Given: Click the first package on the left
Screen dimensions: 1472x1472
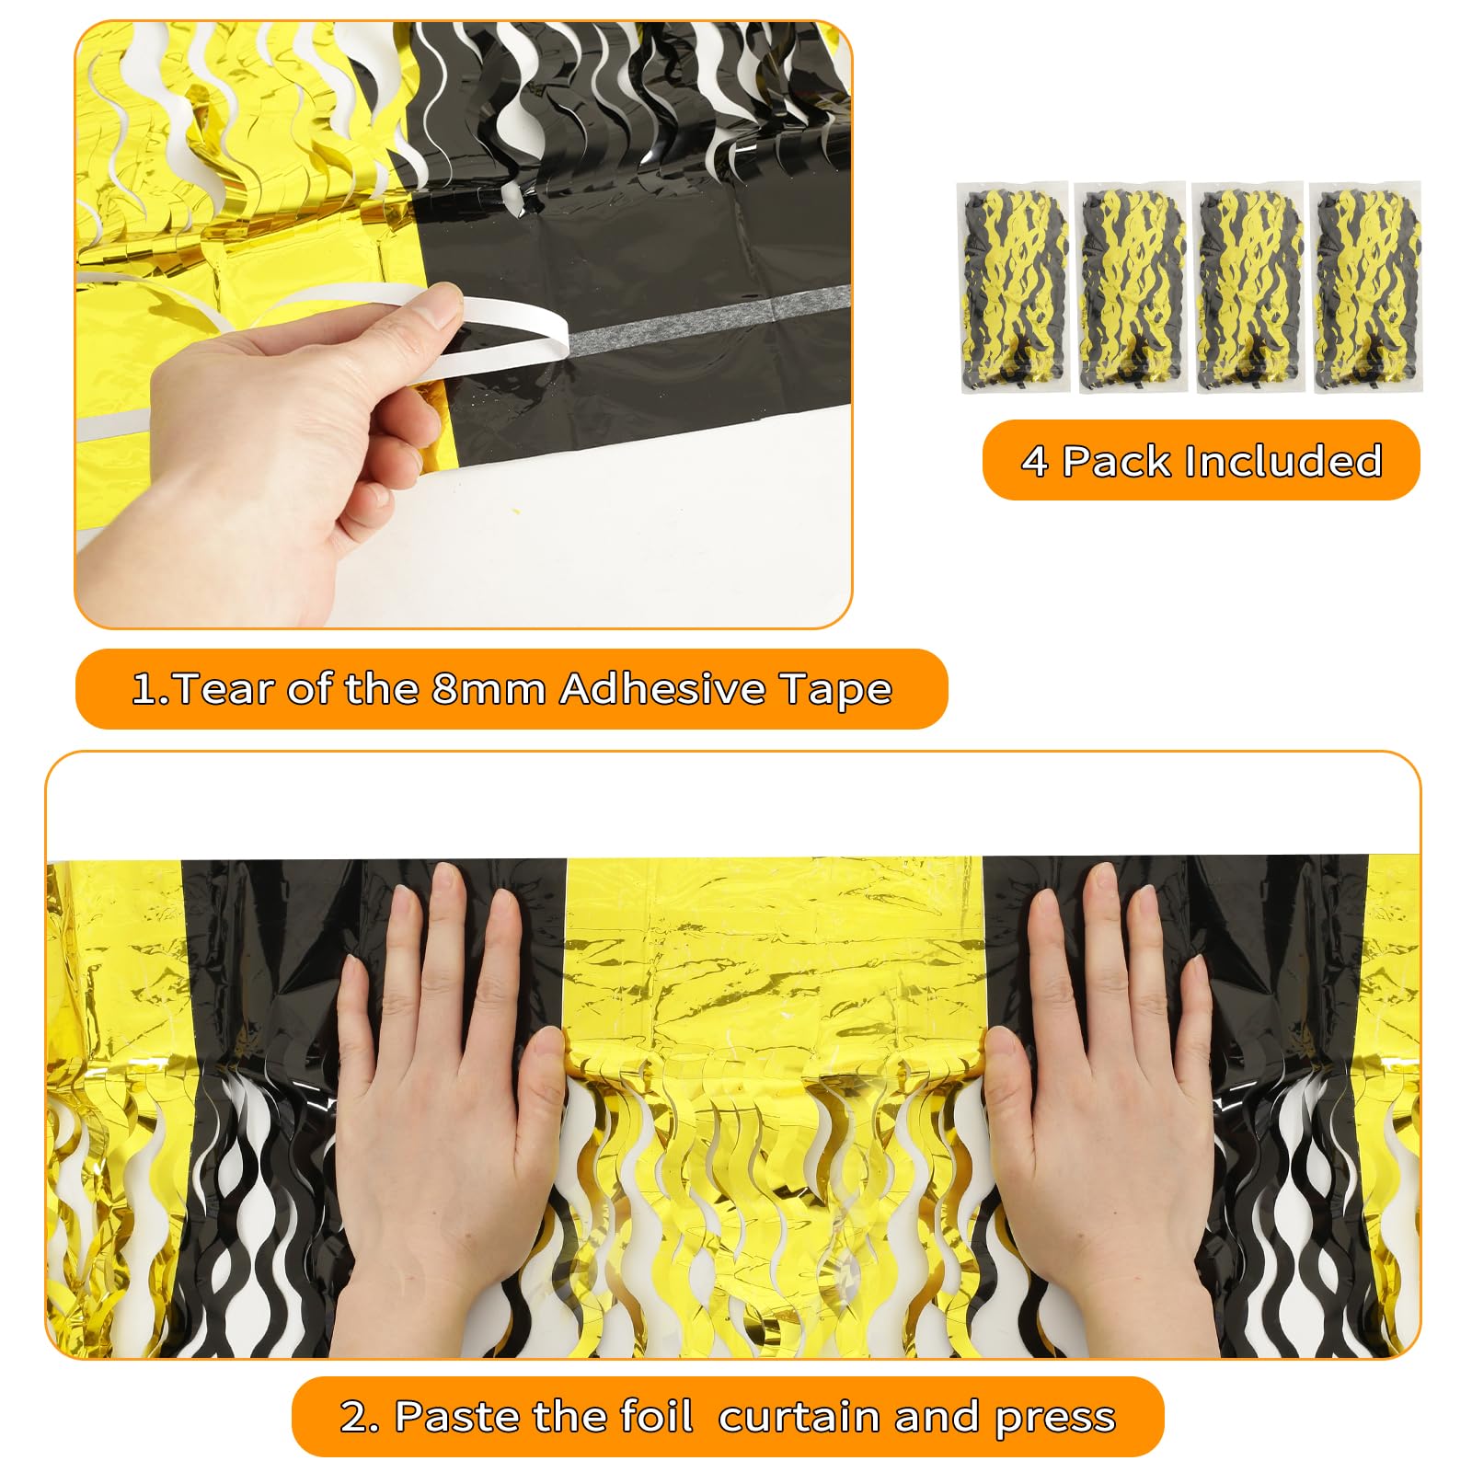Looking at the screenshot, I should click(1013, 287).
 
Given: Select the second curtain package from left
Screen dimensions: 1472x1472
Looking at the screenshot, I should click(1131, 287).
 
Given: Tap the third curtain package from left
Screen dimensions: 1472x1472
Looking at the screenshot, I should click(1248, 287).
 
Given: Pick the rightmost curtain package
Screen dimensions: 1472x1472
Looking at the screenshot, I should click(1365, 287).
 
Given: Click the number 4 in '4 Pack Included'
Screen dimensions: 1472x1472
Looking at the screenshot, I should click(1034, 461).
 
